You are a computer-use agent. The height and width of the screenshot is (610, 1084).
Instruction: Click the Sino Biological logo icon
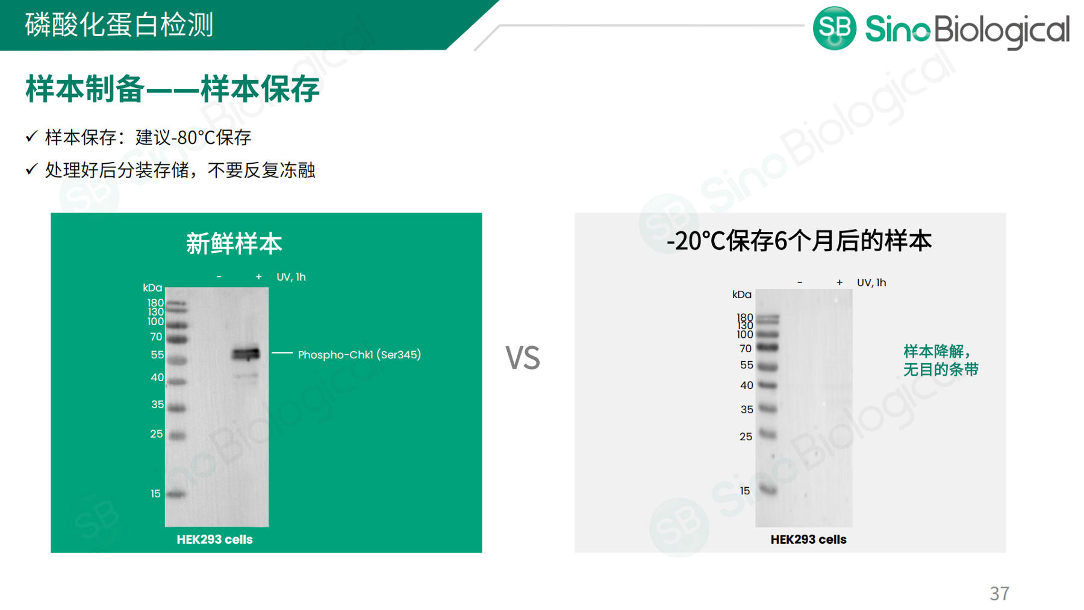click(x=834, y=28)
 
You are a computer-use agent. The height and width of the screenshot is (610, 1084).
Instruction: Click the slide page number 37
click(x=999, y=594)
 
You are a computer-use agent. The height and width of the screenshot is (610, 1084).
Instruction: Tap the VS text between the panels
click(x=522, y=358)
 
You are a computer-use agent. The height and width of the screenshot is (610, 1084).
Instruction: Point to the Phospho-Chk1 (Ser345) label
click(x=360, y=355)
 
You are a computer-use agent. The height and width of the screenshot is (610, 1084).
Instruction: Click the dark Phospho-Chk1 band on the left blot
click(x=246, y=353)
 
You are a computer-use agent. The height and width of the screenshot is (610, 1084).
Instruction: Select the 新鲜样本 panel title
click(x=234, y=244)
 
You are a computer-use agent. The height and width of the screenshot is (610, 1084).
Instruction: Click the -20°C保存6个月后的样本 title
click(x=799, y=241)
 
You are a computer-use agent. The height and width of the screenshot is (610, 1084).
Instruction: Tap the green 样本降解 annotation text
click(x=941, y=360)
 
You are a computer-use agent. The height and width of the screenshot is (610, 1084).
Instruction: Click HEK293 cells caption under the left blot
click(x=214, y=540)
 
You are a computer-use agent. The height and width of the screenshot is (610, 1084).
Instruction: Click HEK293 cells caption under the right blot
click(x=808, y=540)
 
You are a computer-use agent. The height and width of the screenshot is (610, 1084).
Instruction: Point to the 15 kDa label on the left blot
click(x=155, y=494)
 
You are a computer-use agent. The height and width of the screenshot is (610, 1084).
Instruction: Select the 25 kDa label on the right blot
click(x=746, y=437)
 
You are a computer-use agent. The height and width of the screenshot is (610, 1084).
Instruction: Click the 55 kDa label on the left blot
click(x=157, y=355)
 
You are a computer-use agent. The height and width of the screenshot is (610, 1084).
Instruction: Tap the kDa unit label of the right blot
click(x=742, y=294)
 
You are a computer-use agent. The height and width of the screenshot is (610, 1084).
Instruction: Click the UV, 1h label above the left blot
click(x=291, y=277)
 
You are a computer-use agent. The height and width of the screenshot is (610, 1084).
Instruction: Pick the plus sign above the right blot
click(x=839, y=282)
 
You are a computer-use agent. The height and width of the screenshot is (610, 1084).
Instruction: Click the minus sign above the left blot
click(x=219, y=277)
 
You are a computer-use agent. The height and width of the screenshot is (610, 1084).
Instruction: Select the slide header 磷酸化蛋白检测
click(x=119, y=25)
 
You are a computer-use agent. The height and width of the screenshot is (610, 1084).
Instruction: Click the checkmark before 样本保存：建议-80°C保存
click(x=31, y=137)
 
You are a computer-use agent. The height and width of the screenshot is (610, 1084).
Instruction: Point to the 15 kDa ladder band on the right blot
click(x=768, y=490)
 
